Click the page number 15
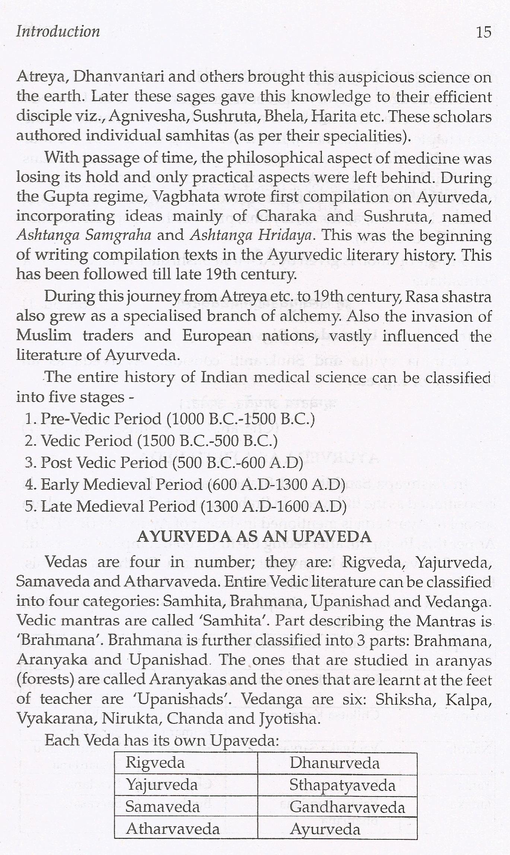[x=484, y=32]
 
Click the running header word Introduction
[x=58, y=31]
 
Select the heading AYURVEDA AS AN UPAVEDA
[x=254, y=536]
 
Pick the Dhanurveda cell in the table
[x=334, y=763]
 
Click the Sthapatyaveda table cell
[x=342, y=785]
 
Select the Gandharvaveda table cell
[x=347, y=807]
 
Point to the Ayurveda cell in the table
[x=325, y=829]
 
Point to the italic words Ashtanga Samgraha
[x=84, y=235]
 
